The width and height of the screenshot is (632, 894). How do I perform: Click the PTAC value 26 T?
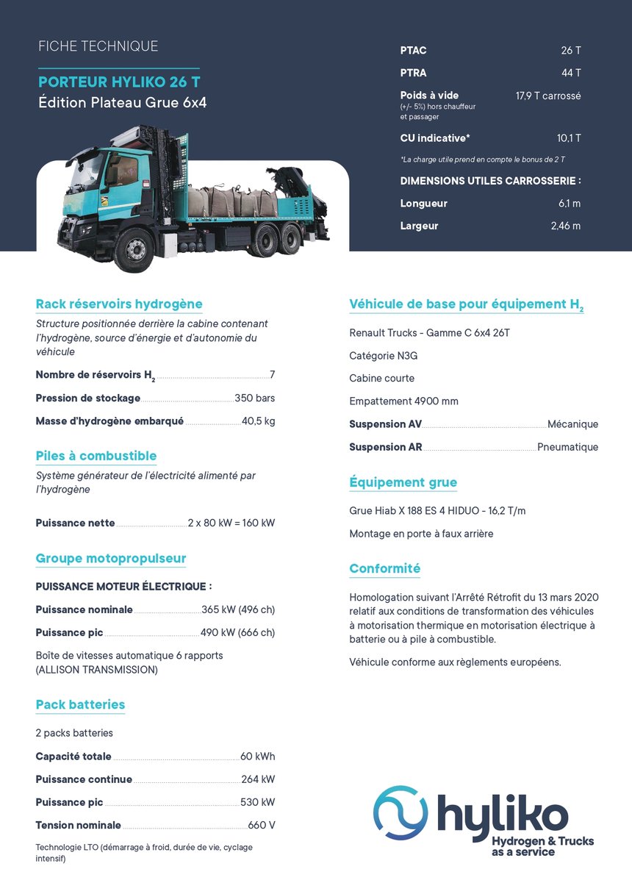570,51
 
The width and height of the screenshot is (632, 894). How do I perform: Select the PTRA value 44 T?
570,73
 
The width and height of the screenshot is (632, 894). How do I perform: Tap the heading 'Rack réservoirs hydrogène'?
119,304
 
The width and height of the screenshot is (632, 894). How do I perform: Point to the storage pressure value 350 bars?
254,398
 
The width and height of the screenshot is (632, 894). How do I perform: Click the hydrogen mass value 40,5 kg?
258,421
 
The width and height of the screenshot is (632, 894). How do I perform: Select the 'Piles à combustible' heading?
96,456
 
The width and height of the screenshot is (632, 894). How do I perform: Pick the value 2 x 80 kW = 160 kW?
231,523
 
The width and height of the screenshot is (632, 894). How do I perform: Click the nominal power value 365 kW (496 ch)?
238,610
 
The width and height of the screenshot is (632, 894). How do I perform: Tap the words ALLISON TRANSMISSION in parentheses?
96,670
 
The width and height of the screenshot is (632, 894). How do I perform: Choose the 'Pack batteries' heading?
80,705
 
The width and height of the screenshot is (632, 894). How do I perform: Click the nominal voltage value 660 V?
261,826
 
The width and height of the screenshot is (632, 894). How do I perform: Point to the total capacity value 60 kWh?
257,757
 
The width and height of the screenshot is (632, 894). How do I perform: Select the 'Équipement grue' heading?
403,483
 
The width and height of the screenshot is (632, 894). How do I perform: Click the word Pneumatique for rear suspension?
567,447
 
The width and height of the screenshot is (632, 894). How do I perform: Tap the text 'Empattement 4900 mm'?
403,401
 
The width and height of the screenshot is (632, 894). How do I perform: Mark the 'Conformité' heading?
384,569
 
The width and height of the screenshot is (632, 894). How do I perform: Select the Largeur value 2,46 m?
565,226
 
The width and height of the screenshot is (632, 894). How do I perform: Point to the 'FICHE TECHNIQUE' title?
98,46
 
